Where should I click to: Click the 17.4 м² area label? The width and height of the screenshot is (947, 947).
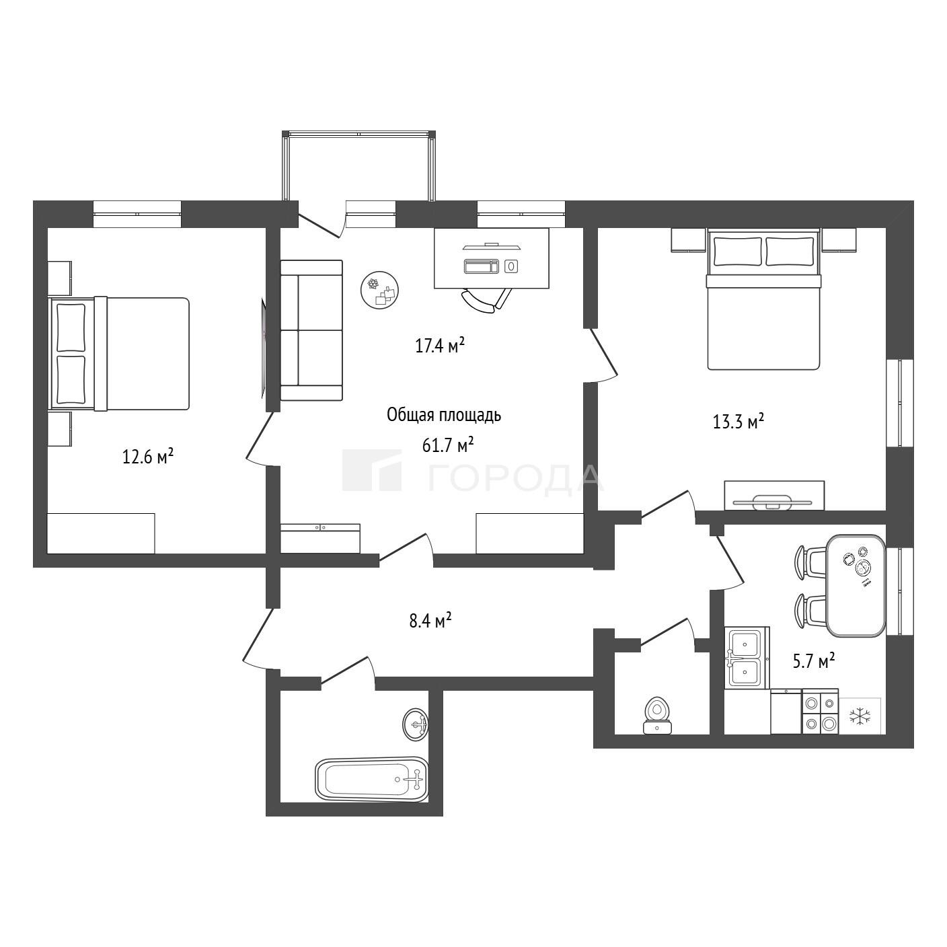(x=440, y=346)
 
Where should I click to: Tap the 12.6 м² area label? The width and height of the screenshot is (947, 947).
(x=148, y=457)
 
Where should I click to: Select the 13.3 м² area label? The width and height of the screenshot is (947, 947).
(x=738, y=421)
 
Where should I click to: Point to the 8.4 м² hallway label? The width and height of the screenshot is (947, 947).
(x=430, y=621)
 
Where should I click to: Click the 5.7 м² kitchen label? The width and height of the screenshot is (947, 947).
(x=814, y=661)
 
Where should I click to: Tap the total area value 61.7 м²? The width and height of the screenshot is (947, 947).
(x=448, y=445)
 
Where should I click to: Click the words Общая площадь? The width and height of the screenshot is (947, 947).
(x=444, y=415)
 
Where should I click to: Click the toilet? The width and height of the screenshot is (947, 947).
(x=658, y=716)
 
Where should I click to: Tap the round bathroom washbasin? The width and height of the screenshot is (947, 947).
(x=416, y=724)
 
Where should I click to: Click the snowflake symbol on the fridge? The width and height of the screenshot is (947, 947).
(x=860, y=716)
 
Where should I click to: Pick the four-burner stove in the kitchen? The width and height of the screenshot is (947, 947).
(x=820, y=712)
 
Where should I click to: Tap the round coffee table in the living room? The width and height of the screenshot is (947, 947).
(x=379, y=290)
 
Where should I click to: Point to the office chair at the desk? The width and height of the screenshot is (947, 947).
(x=486, y=299)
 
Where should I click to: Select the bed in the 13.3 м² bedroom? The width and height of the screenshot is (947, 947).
(x=763, y=299)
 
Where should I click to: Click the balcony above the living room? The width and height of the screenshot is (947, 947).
(x=358, y=165)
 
